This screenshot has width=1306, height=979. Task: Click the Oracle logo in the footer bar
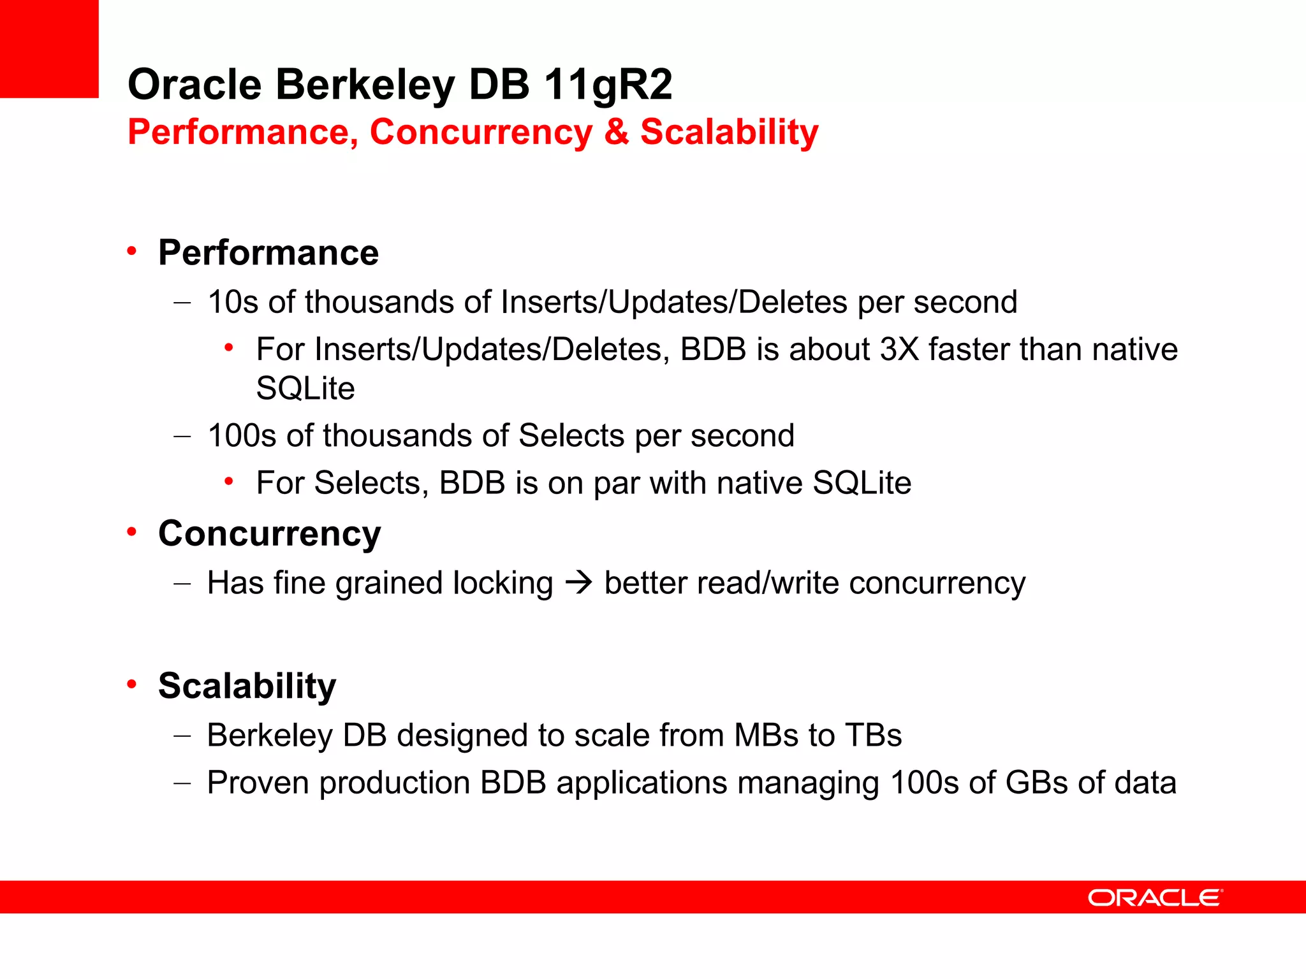[1155, 897]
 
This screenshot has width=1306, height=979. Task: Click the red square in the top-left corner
[48, 48]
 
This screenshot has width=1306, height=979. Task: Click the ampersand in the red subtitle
[616, 132]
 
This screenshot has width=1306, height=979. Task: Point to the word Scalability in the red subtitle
[729, 132]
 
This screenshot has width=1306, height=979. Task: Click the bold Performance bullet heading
[268, 253]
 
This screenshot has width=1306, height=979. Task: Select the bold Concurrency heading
[269, 533]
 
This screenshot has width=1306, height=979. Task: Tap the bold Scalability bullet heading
[247, 686]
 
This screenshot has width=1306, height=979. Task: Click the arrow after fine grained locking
[579, 583]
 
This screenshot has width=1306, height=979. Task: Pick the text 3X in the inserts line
[899, 349]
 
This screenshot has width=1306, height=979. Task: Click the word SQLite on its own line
[305, 388]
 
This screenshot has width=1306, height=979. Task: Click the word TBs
[873, 736]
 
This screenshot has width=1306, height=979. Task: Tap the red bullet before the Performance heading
[132, 251]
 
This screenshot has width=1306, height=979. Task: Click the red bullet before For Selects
[229, 481]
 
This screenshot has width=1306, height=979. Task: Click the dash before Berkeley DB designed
[182, 736]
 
